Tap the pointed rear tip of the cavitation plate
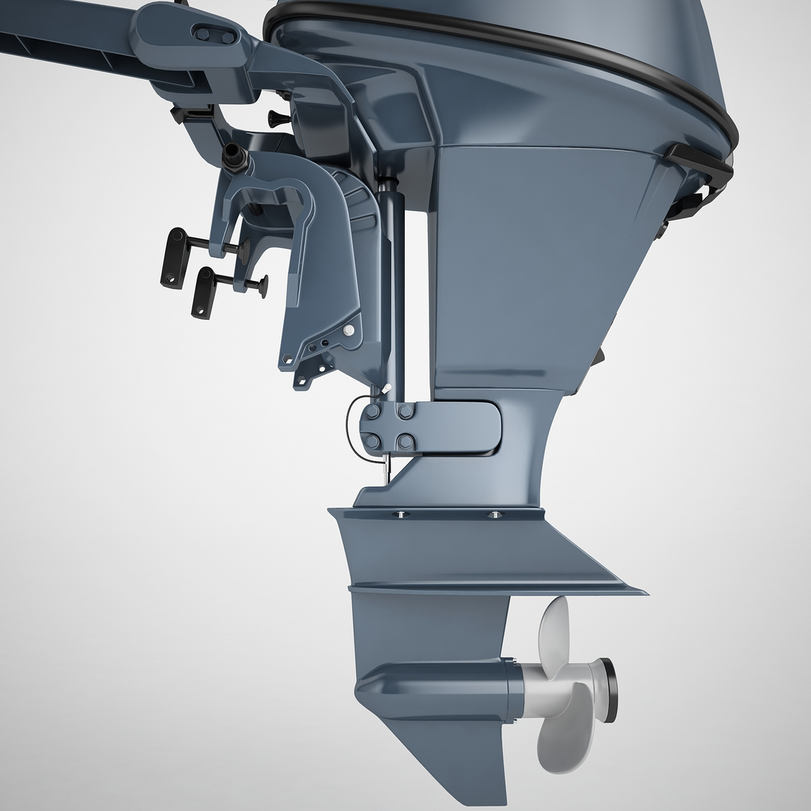(642, 591)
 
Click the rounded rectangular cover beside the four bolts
(459, 425)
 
